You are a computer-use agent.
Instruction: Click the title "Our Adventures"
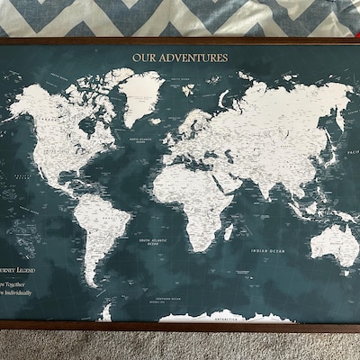click(180, 58)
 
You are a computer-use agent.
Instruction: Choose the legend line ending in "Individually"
click(20, 292)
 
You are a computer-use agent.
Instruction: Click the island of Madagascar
click(229, 232)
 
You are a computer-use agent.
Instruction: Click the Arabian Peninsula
click(231, 175)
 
